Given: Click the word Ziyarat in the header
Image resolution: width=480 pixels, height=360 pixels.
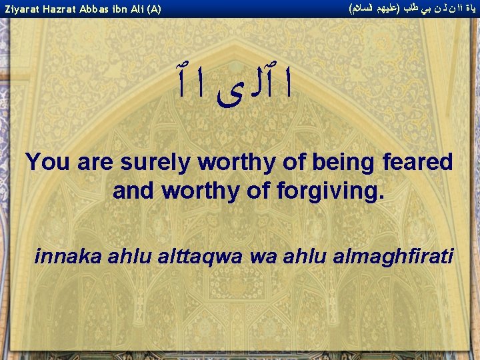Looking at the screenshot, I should [19, 9].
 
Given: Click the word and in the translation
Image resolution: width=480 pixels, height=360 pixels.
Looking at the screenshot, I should [133, 191].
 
